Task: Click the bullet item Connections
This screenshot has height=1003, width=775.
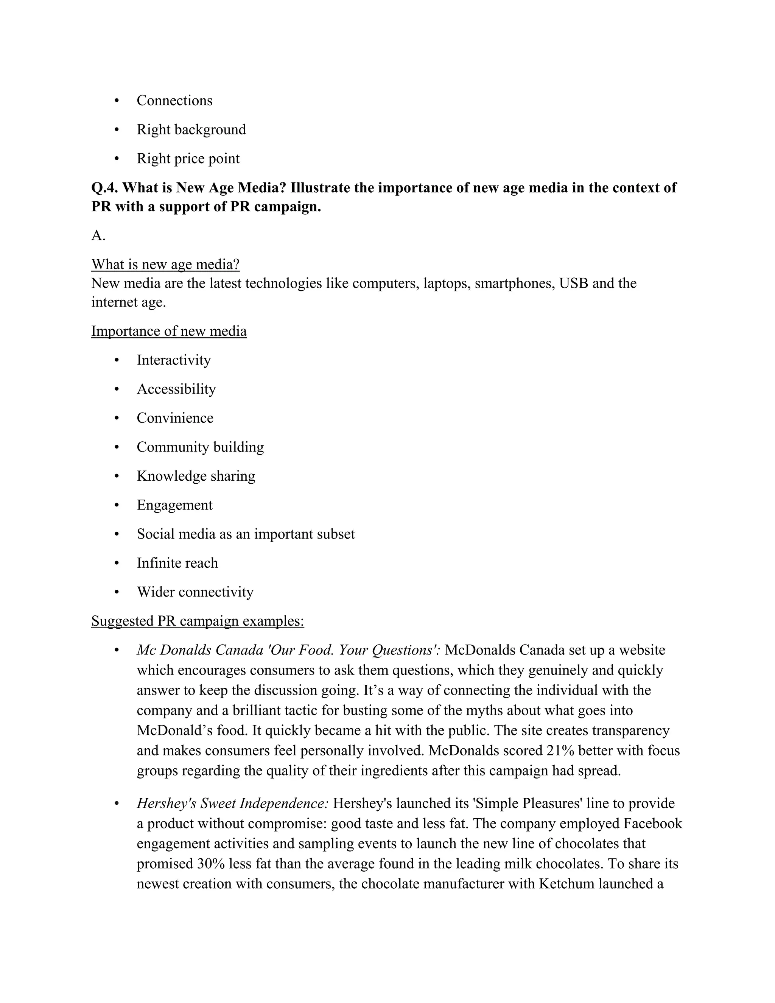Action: [174, 101]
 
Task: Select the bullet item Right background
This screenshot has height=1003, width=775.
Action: [191, 129]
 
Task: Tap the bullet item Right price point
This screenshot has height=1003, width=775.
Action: [188, 159]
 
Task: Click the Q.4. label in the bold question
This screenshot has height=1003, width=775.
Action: [105, 188]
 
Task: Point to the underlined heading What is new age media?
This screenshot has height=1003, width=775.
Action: [165, 265]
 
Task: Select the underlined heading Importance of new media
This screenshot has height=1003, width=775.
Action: [169, 331]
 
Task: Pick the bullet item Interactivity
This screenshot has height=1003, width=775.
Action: [174, 360]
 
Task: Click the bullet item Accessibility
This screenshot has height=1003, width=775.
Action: [176, 389]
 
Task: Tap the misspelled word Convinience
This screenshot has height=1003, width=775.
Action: [175, 418]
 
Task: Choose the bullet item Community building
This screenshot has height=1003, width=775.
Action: [200, 447]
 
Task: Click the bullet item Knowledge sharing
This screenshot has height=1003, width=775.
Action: [196, 476]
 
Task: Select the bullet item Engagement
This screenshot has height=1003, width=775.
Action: [174, 505]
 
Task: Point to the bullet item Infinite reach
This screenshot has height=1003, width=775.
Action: [177, 563]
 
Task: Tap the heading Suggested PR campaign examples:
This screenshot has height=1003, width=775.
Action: [198, 621]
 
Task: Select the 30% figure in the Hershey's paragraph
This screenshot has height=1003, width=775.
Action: [211, 864]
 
